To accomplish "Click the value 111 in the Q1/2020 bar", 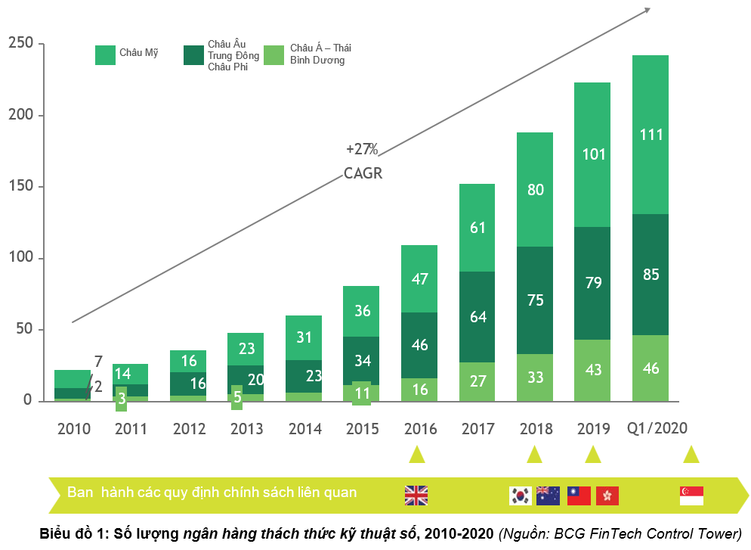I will pos(651,135).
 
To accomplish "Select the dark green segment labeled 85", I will pos(651,274).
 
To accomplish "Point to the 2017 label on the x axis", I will pos(477,429).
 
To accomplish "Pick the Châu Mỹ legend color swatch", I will pos(105,54).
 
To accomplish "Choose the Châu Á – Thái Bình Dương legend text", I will pos(320,54).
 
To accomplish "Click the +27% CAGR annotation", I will pos(363,161).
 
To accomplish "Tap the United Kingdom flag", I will pos(416,496).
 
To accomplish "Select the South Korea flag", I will pos(521,496).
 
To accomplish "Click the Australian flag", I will pos(548,496).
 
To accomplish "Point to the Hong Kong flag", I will pos(607,496).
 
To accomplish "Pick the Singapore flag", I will pos(691,496).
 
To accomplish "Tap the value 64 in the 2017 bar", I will pos(477,317).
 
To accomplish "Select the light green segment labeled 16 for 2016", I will pos(419,390).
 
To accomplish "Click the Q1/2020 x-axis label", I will pos(657,429).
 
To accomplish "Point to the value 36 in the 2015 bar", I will pos(362,311).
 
